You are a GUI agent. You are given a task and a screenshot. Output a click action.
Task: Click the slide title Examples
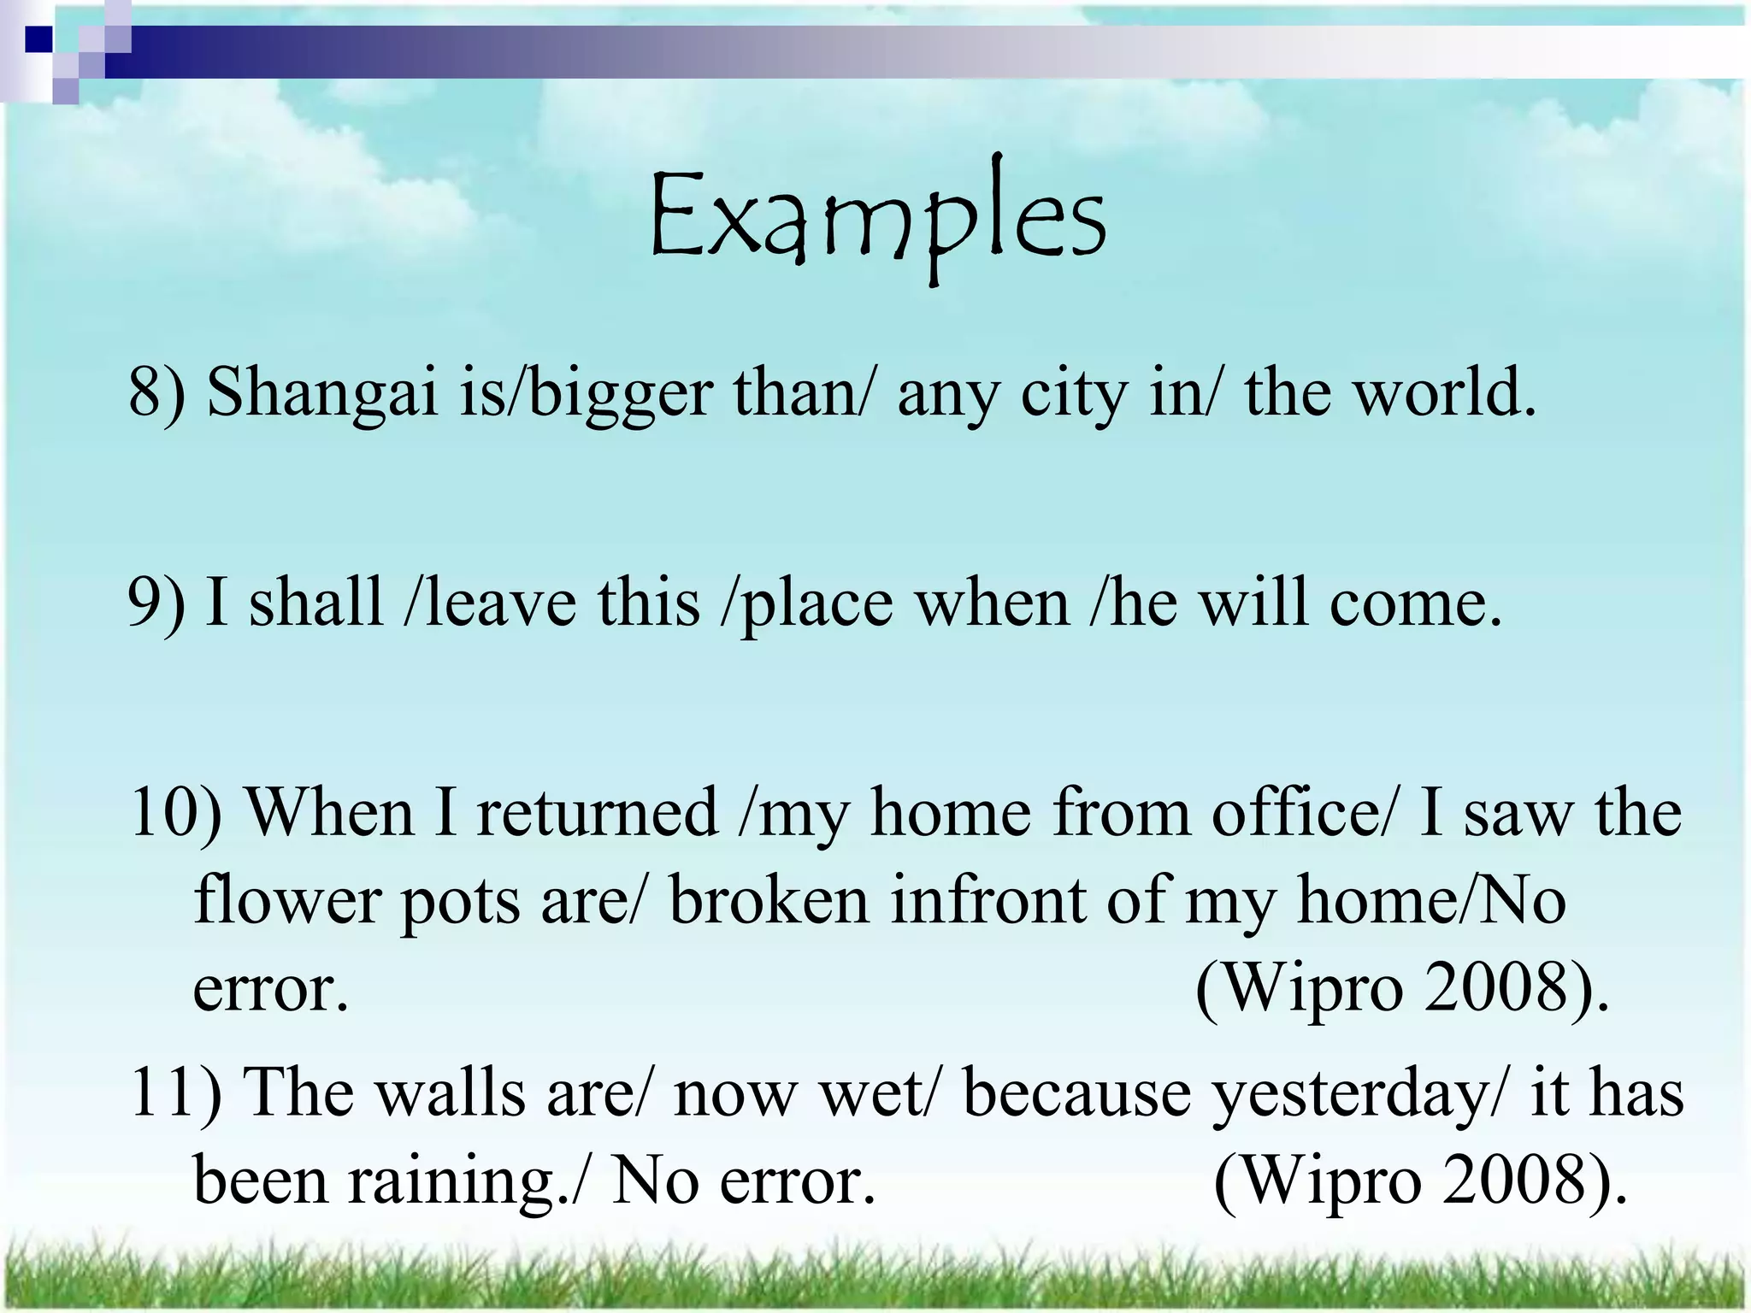pyautogui.click(x=877, y=218)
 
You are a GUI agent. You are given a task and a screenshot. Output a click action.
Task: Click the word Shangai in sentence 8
pyautogui.click(x=322, y=392)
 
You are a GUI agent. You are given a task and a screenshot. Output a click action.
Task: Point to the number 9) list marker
pyautogui.click(x=156, y=603)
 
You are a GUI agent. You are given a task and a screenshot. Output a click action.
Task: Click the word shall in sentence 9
pyautogui.click(x=315, y=602)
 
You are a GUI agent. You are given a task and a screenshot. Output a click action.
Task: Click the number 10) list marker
pyautogui.click(x=176, y=813)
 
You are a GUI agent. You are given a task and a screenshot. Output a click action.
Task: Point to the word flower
pyautogui.click(x=287, y=900)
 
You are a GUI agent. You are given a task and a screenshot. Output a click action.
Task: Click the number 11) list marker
pyautogui.click(x=176, y=1093)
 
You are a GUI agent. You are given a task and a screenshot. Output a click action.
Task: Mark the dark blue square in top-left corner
pyautogui.click(x=38, y=38)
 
